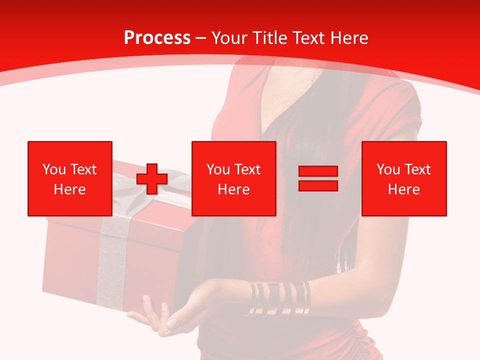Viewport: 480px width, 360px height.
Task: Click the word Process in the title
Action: (157, 38)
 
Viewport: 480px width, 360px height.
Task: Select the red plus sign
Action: (152, 178)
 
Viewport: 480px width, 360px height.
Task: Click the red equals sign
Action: (318, 178)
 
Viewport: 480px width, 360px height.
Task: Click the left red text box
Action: (70, 178)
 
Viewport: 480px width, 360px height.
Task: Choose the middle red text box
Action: (234, 178)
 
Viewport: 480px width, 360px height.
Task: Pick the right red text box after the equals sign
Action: (404, 178)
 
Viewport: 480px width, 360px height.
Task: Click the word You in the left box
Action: (53, 169)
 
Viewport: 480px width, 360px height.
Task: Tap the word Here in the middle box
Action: (234, 189)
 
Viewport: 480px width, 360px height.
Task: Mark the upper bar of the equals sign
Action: (318, 171)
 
